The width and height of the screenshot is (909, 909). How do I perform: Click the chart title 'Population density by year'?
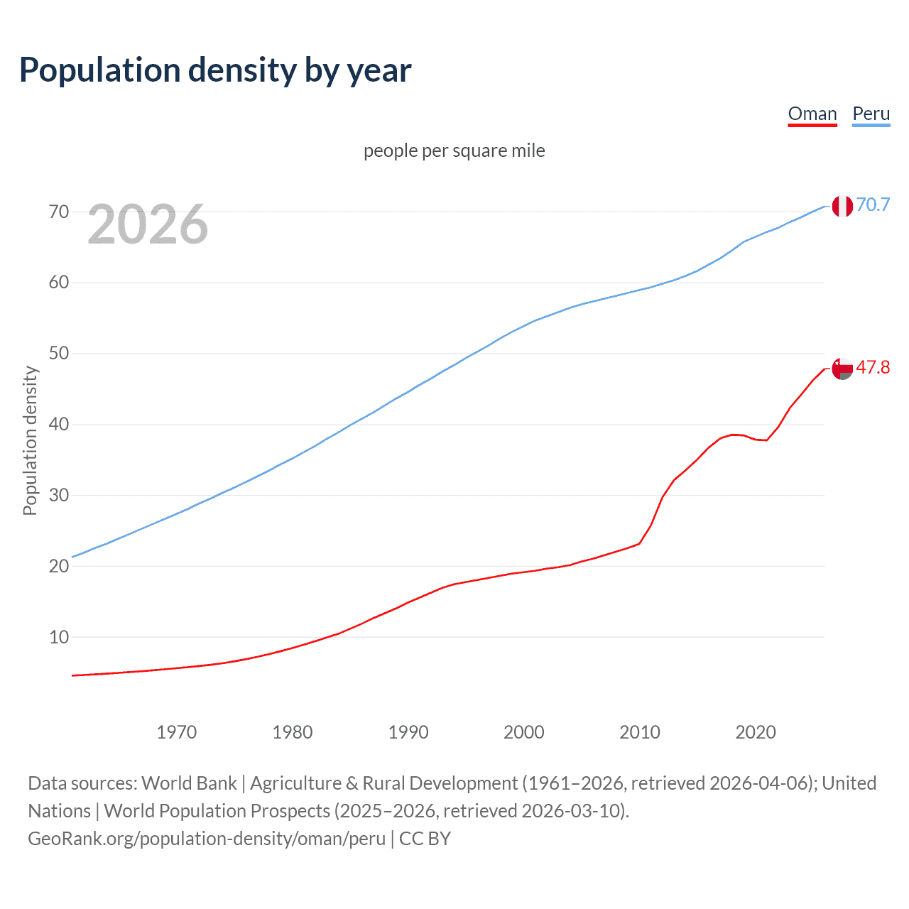(x=215, y=70)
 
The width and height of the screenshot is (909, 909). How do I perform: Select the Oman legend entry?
(x=812, y=114)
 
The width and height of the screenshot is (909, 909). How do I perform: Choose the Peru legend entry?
(x=871, y=114)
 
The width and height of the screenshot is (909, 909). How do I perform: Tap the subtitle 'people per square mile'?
(x=454, y=151)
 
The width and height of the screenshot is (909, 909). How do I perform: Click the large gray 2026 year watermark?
(x=148, y=224)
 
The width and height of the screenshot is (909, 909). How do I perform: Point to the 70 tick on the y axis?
(x=59, y=212)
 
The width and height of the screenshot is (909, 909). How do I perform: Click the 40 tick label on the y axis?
(x=59, y=425)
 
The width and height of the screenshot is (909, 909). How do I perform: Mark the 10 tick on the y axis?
(x=59, y=637)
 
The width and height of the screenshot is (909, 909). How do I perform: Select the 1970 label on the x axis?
(x=176, y=732)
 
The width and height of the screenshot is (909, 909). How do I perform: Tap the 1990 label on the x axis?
(x=408, y=732)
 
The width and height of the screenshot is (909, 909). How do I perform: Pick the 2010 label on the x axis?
(x=639, y=732)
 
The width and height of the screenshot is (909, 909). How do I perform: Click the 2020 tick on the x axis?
(x=755, y=732)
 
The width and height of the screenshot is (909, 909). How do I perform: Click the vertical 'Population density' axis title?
(x=30, y=440)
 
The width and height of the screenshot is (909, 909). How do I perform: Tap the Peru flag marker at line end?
(x=842, y=206)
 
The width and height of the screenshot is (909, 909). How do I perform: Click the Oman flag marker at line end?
(x=842, y=369)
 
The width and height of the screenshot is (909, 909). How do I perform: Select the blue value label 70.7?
(x=873, y=205)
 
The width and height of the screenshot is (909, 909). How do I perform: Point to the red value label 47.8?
(x=873, y=368)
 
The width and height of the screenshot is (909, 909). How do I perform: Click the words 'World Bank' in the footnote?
(x=189, y=783)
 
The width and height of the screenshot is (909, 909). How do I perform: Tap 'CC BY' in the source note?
(x=425, y=839)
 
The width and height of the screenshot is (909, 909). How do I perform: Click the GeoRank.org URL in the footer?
(x=207, y=839)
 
